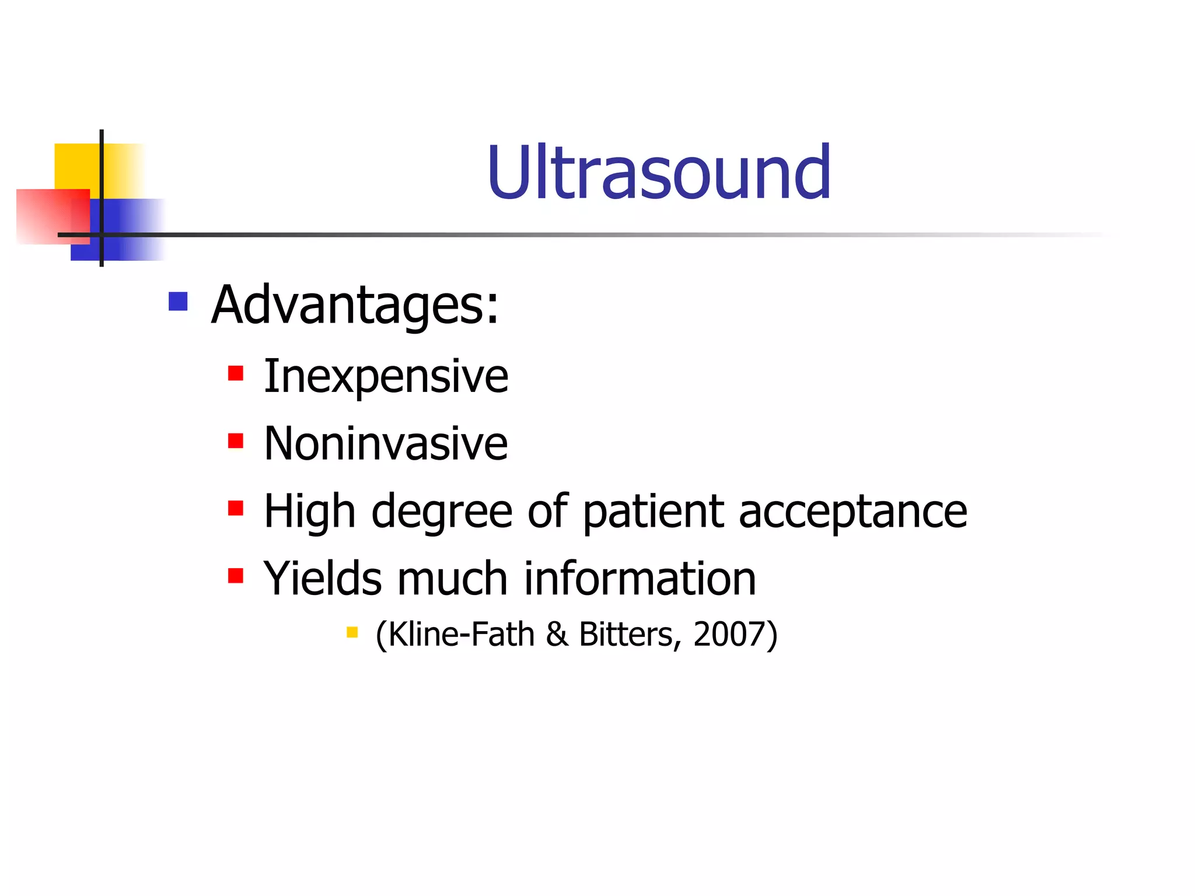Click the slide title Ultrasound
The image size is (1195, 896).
pos(659,173)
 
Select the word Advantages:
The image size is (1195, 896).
pos(355,304)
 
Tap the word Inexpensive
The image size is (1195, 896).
pos(386,376)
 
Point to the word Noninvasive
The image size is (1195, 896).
pos(386,444)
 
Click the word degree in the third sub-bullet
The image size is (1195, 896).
pos(442,512)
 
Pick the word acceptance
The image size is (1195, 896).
pos(852,512)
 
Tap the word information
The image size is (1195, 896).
pos(640,579)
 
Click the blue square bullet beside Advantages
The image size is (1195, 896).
pos(178,302)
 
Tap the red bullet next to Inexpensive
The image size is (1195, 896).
pos(235,373)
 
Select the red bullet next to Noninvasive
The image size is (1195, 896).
pos(235,441)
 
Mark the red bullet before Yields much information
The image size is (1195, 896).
pos(235,576)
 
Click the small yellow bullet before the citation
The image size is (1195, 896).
pos(352,632)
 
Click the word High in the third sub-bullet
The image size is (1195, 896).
pos(309,512)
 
